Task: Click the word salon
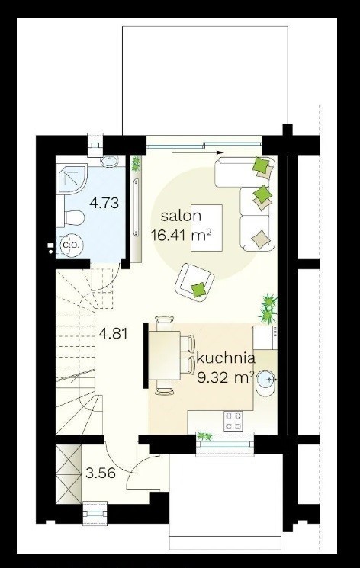181,216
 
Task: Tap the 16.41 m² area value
181,236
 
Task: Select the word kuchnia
226,358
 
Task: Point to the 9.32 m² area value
225,377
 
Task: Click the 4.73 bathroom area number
104,203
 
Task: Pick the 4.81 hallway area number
114,333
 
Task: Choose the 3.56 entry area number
101,473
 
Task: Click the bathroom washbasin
109,161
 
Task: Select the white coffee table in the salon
207,227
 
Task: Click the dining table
165,355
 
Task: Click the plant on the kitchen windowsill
204,436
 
